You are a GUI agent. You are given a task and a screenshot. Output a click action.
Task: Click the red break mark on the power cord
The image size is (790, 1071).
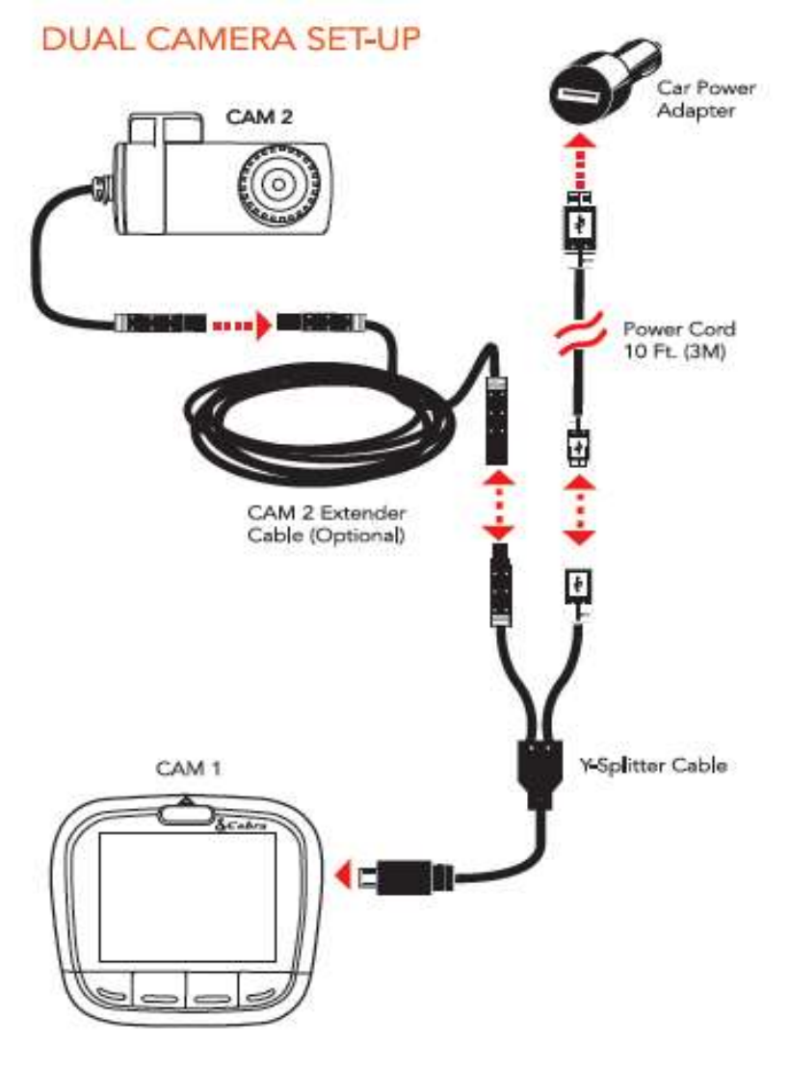tap(578, 337)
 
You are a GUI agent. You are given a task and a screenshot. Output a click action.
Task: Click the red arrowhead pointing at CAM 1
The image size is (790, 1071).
tap(339, 875)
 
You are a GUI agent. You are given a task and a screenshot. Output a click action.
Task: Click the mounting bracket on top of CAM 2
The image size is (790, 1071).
tap(167, 130)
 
